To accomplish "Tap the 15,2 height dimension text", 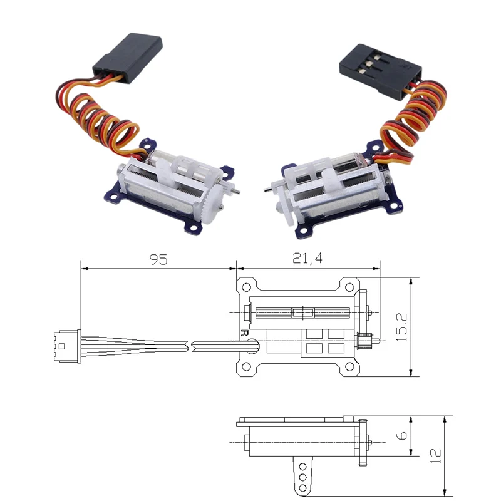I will (x=401, y=326).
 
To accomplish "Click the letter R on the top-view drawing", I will (x=244, y=333).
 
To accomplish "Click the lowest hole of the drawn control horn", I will (x=302, y=485).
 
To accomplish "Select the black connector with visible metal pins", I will (x=371, y=66).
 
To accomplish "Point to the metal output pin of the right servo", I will (x=268, y=189).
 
